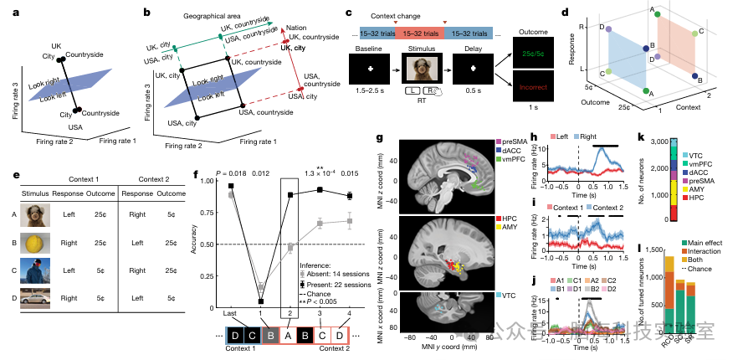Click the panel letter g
point(382,137)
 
